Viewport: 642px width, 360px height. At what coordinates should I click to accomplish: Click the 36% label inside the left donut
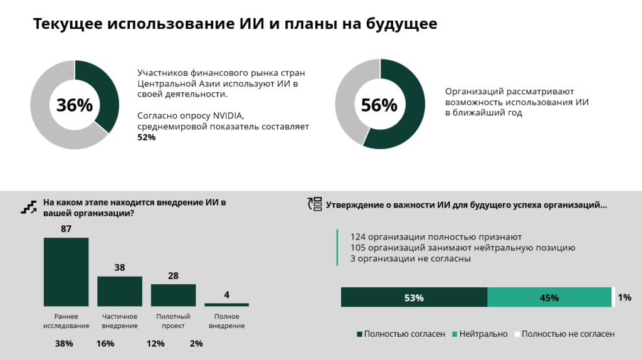pyautogui.click(x=75, y=105)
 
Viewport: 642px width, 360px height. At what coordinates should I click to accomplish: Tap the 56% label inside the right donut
pyautogui.click(x=379, y=105)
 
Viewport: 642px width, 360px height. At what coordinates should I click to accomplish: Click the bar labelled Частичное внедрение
pyautogui.click(x=119, y=291)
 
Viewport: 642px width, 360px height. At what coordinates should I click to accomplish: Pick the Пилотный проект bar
pyautogui.click(x=173, y=295)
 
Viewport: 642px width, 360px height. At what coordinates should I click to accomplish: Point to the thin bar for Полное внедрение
pyautogui.click(x=226, y=305)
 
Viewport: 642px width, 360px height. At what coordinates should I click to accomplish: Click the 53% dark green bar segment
pyautogui.click(x=414, y=298)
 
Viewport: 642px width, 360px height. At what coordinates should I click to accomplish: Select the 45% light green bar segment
pyautogui.click(x=549, y=298)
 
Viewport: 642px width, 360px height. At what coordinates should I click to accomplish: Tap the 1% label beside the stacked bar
pyautogui.click(x=624, y=298)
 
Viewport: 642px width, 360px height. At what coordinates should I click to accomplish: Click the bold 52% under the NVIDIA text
pyautogui.click(x=146, y=137)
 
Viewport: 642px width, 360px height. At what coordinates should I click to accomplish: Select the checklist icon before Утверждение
pyautogui.click(x=314, y=204)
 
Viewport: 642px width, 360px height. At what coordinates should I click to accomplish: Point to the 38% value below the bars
pyautogui.click(x=64, y=344)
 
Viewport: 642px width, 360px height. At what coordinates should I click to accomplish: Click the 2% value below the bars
pyautogui.click(x=196, y=344)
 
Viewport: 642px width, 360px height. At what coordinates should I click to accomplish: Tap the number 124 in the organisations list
pyautogui.click(x=359, y=236)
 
